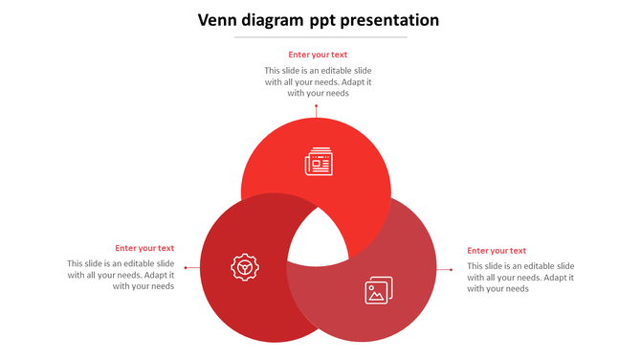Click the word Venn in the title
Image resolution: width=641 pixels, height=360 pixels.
coord(217,20)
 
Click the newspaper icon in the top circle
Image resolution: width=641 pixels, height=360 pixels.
coord(319,162)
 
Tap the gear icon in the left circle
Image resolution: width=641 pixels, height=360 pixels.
coord(245,266)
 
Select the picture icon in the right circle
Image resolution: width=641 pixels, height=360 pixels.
coord(378,290)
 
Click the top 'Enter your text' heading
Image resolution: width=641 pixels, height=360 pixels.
coord(318,55)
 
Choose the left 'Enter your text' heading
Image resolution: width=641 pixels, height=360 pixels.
coord(144,248)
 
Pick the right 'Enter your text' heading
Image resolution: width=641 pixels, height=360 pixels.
coord(497,251)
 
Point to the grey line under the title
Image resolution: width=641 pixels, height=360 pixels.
coord(320,37)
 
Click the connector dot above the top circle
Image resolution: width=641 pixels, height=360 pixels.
coord(317,106)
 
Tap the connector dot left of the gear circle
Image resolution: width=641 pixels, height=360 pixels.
coord(186,268)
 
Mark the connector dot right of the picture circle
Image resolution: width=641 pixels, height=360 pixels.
coord(451,270)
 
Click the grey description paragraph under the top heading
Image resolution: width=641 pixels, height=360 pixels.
coord(318,81)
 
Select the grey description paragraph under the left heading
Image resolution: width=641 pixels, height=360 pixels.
coord(121,275)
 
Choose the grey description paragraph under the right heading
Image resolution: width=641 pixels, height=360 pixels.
coord(520,277)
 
